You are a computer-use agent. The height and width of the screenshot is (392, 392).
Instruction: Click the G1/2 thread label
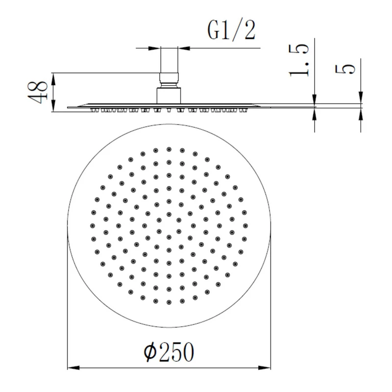click(x=231, y=30)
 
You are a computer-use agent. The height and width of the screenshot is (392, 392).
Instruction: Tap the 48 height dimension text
click(x=38, y=92)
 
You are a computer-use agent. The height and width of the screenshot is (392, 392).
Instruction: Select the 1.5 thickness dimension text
click(x=299, y=60)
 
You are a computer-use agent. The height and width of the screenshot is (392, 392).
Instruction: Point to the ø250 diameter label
click(x=169, y=352)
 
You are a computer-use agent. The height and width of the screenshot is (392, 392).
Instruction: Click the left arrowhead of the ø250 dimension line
click(x=73, y=368)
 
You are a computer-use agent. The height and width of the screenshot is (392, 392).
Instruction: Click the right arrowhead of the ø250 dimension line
click(x=265, y=368)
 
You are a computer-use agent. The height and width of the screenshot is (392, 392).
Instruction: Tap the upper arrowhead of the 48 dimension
click(x=53, y=79)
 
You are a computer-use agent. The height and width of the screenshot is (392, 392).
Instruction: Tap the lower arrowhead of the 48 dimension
click(x=53, y=106)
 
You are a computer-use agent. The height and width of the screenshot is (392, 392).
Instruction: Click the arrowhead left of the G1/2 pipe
click(x=154, y=48)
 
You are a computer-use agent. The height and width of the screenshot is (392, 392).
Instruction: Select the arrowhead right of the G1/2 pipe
click(x=184, y=48)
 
